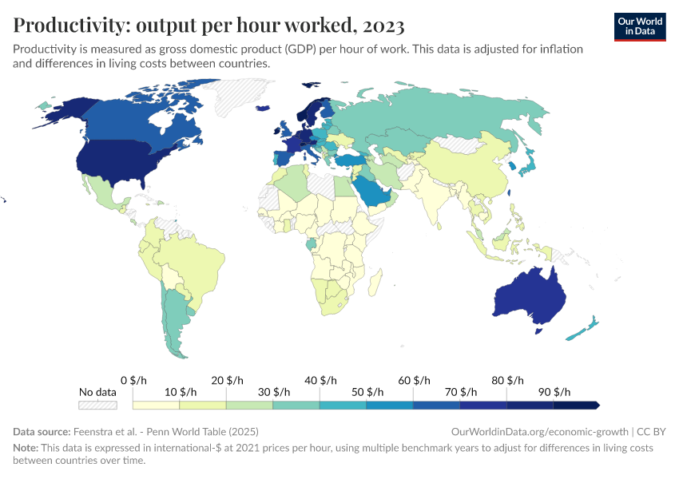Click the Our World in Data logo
pos(639,26)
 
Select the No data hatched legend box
pos(97,406)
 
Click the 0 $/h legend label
pos(135,380)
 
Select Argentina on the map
pos(175,319)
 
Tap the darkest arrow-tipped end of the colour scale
pos(595,406)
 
